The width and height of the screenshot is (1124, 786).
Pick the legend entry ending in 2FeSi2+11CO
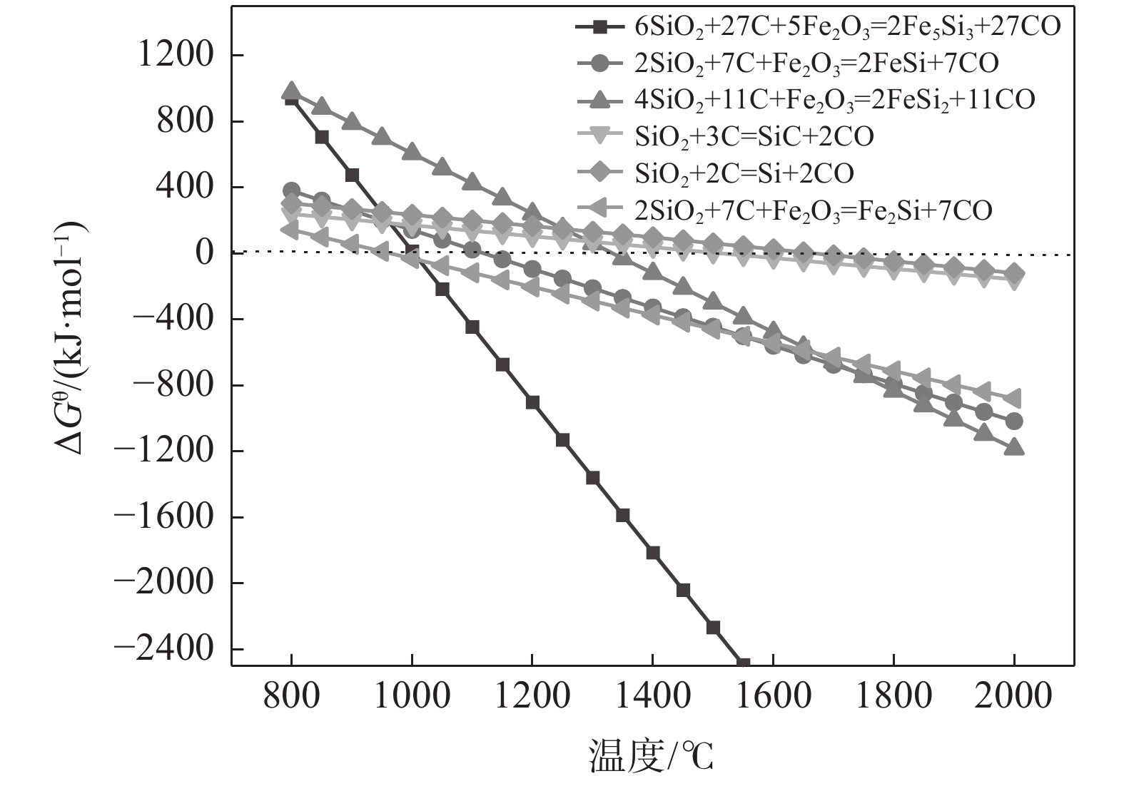coord(834,99)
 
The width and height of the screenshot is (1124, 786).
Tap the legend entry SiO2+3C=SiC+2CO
coord(754,136)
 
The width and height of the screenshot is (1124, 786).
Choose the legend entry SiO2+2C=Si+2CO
coord(744,173)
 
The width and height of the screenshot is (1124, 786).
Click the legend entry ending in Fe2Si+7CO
coord(813,210)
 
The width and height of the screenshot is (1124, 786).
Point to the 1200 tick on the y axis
coord(176,55)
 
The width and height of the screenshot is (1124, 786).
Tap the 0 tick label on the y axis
coord(204,253)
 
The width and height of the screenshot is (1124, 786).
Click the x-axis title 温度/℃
coord(651,756)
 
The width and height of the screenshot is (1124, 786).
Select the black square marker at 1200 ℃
coord(532,402)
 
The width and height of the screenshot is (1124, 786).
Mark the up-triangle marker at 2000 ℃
coord(1014,448)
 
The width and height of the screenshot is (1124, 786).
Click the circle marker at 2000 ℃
coord(1014,422)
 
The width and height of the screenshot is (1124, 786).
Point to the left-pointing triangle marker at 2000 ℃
coord(1013,398)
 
